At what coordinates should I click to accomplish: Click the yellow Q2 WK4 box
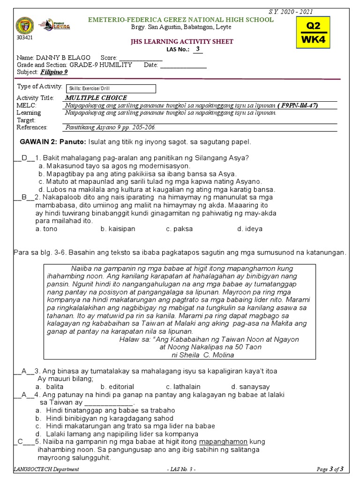pos(313,32)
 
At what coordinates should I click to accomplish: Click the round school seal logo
pos(25,26)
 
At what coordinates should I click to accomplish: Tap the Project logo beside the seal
pos(51,24)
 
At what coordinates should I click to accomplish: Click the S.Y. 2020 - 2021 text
pos(297,12)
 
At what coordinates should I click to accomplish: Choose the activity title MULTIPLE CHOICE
pos(96,98)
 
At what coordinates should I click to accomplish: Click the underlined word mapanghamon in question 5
pos(224,442)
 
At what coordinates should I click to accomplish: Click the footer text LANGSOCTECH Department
pos(47,469)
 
